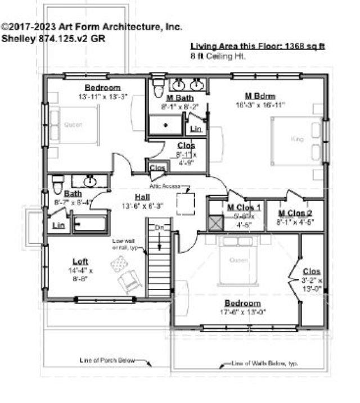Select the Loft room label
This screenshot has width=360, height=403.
[x=81, y=261]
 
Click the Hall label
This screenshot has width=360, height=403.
[x=142, y=197]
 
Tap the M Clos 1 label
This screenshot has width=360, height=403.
[x=244, y=207]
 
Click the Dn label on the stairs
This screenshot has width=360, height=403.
[x=160, y=228]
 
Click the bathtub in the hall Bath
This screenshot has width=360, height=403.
[x=89, y=224]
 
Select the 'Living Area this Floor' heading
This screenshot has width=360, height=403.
[x=258, y=46]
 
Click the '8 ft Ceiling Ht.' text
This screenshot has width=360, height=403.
[x=218, y=57]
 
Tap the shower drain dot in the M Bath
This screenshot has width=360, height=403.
[x=165, y=125]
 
